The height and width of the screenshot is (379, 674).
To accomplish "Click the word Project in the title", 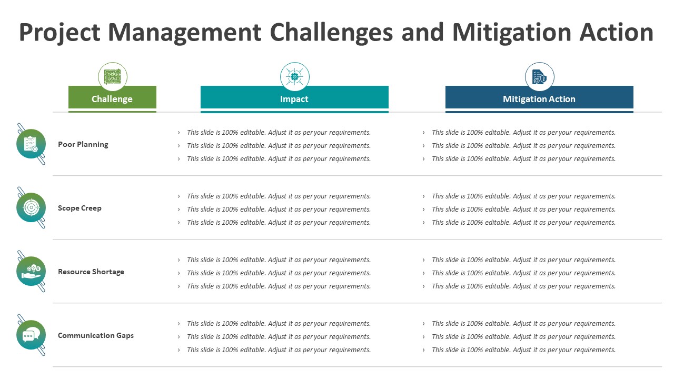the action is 60,33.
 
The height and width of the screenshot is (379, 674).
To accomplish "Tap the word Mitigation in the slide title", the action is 511,33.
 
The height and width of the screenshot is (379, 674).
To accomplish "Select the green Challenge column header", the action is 112,97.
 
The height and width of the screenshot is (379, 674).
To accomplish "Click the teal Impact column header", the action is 294,97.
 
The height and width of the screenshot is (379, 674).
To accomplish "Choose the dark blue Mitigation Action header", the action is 539,97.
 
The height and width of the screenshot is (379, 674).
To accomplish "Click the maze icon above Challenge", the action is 113,76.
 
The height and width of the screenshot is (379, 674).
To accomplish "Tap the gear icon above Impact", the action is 294,77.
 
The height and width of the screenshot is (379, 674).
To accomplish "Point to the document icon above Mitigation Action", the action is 539,77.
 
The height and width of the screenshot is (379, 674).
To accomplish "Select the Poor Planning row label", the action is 83,144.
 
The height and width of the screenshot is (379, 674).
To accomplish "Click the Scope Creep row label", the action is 80,208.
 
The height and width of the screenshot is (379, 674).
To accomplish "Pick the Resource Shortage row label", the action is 91,272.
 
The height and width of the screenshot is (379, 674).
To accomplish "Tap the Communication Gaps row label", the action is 96,335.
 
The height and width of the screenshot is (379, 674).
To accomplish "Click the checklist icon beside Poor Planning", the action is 31,144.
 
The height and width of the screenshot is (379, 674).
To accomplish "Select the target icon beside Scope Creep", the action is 31,207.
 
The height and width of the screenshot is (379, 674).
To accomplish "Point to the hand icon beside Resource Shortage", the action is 31,271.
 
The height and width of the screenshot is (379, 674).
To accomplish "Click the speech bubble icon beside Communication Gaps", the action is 31,335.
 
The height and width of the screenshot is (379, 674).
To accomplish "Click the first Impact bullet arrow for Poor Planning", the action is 179,133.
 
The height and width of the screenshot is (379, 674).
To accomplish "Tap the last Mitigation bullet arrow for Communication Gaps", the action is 424,350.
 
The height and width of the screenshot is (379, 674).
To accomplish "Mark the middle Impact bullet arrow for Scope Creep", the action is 179,210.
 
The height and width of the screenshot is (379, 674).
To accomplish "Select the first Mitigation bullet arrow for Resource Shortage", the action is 424,260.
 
